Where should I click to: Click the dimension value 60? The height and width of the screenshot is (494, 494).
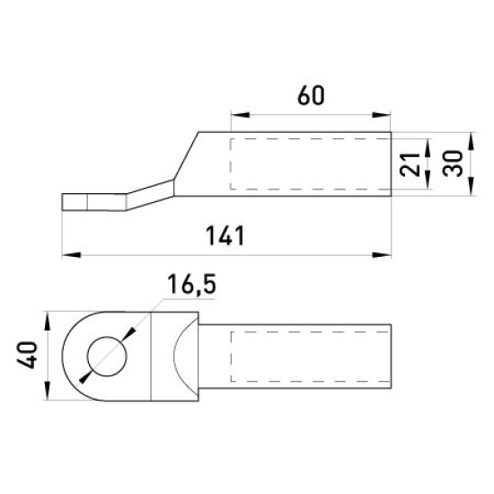(x=311, y=95)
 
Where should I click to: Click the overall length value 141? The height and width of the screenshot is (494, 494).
(x=225, y=235)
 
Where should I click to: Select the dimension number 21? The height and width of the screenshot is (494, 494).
(x=410, y=164)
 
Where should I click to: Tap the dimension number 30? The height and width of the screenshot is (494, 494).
(x=453, y=163)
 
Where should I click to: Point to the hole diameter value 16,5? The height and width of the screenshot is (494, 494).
(x=191, y=284)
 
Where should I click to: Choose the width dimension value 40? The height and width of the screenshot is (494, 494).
(x=27, y=355)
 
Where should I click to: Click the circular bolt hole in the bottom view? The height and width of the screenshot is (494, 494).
(x=107, y=357)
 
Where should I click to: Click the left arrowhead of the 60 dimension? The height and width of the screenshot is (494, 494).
(x=240, y=115)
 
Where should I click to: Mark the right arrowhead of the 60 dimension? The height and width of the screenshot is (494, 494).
(x=382, y=115)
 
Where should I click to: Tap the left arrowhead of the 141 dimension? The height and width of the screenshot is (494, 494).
(x=72, y=254)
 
